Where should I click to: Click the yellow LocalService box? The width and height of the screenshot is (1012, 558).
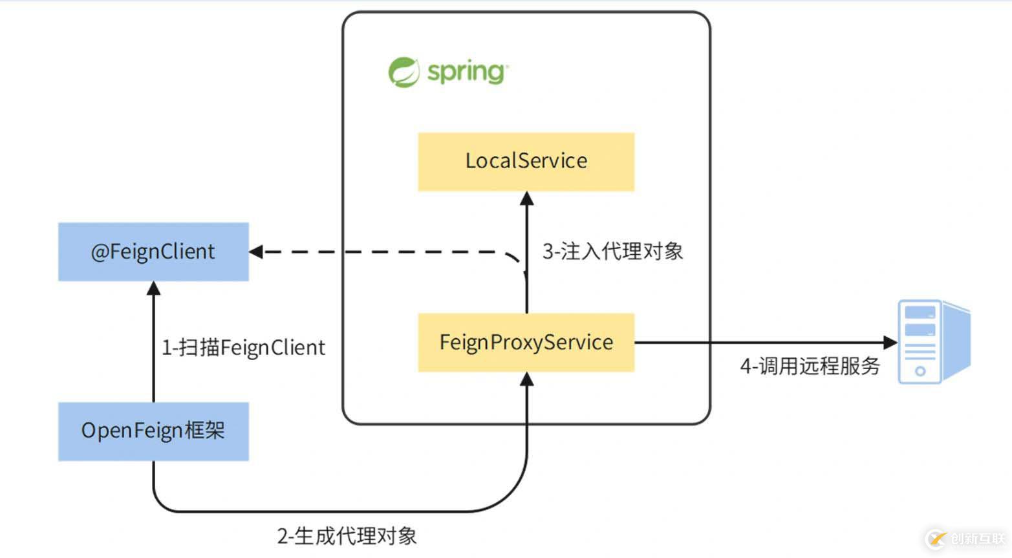coord(526,162)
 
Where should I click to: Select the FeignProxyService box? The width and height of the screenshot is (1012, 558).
coord(526,343)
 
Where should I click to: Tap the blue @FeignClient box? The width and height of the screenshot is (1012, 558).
coord(153,252)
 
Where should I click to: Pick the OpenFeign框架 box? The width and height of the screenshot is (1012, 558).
coord(153,431)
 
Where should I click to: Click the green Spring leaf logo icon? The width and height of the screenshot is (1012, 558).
coord(404,72)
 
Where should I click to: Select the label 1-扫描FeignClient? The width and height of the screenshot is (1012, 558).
coord(243,348)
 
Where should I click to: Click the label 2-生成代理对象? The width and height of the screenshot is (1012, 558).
coord(347,535)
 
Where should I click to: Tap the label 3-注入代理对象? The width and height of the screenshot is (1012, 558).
coord(612,252)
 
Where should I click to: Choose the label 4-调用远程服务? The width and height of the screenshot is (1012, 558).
coord(810,367)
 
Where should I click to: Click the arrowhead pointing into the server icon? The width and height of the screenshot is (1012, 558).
coord(891,342)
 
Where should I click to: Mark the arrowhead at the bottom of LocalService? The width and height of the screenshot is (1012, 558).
coord(527,199)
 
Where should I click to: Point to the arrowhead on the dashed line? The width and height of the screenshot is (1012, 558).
coord(256,252)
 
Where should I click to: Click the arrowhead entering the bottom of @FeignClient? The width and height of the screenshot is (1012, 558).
coord(153,288)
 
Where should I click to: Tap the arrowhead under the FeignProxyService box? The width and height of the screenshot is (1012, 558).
coord(527,380)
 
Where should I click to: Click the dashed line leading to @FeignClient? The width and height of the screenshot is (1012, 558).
coord(388,252)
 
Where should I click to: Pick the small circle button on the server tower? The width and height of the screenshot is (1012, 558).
coord(920,371)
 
